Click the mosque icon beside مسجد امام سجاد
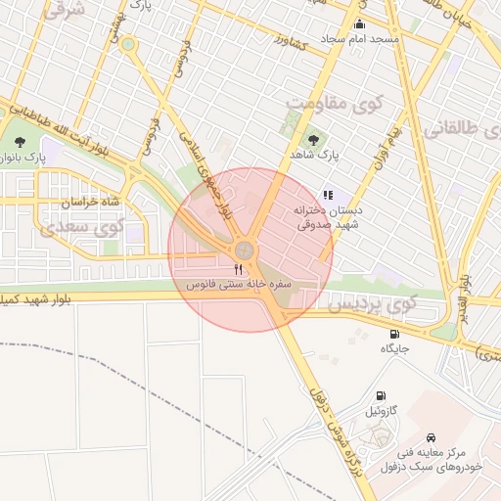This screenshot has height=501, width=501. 359,24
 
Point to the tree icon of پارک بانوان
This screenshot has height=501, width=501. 21,142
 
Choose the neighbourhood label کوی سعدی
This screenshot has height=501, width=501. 81,227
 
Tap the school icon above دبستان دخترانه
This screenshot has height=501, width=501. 328,195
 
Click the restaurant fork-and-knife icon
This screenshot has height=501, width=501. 238,269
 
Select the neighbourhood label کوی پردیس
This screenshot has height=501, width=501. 371,305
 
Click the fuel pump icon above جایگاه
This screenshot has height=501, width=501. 394,335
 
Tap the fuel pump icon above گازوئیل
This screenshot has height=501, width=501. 380,397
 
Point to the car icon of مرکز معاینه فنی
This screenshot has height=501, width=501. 432,437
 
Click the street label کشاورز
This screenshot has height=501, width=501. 292,45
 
